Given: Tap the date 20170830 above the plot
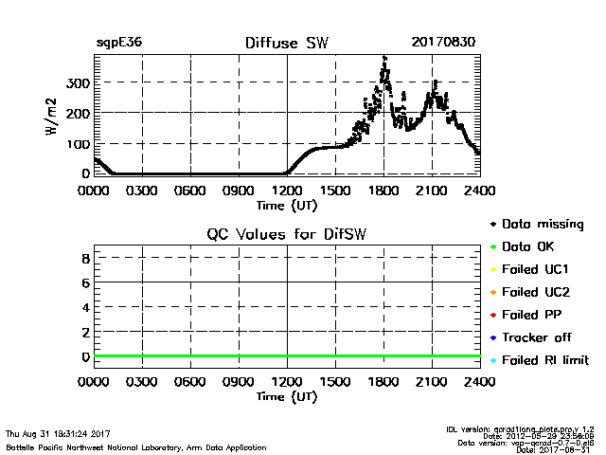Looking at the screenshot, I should [443, 43].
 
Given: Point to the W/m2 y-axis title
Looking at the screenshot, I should [54, 115].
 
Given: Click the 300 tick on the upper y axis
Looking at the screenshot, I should [77, 82].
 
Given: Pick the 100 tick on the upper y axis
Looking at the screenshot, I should [77, 143].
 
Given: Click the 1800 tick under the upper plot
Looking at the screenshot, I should [383, 190].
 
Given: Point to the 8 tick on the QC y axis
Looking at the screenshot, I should [84, 258].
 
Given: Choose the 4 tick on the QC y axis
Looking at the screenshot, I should [84, 307].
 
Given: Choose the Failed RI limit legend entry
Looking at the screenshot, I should [544, 360].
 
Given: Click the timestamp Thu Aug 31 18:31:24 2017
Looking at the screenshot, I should [58, 434].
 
